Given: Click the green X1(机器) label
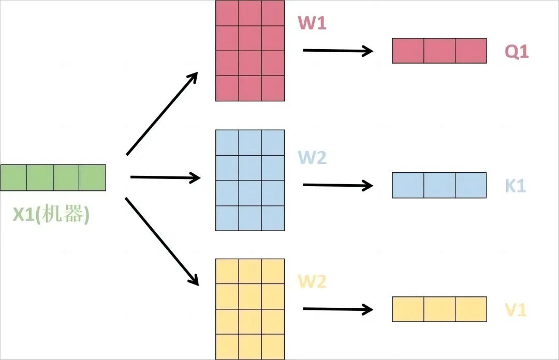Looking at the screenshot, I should (51, 215).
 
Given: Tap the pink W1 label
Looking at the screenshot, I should (312, 22).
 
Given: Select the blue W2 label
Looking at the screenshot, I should (312, 157).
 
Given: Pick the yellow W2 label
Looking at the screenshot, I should (312, 282).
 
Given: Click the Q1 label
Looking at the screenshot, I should (517, 51).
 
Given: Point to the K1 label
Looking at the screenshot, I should (515, 186).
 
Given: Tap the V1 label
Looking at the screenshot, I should (516, 310).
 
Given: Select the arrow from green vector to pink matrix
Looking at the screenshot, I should (162, 113).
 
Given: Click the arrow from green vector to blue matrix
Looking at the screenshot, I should (165, 178).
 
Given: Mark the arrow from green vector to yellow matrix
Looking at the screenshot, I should (162, 241).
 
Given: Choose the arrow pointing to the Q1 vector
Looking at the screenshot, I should (337, 51).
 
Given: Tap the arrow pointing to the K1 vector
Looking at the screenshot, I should (337, 185).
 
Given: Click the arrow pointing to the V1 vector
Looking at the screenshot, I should (337, 309).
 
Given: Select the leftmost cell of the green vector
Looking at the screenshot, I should (13, 177).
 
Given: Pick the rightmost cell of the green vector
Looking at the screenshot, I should (93, 177).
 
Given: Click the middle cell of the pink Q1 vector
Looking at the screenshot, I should (439, 51).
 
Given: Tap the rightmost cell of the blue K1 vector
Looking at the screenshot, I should (471, 185).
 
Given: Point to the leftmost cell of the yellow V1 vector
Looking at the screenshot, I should (408, 309).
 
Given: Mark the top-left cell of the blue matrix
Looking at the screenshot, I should (227, 142).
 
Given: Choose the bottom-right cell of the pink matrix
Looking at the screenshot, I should (273, 88).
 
